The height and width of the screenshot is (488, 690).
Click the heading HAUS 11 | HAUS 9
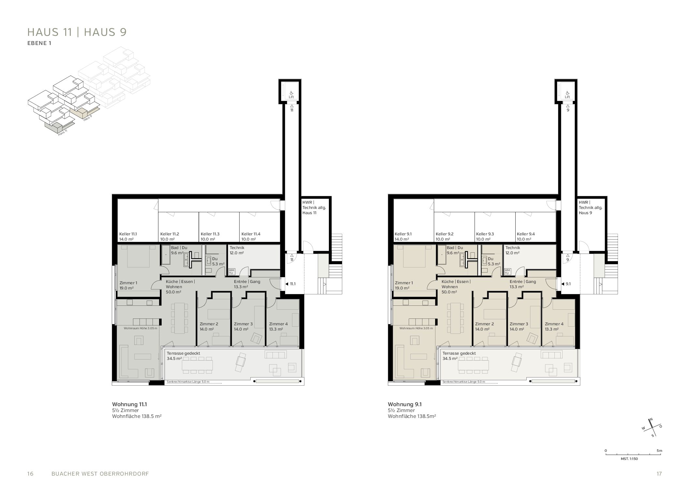point(77,32)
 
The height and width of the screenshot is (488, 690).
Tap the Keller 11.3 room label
point(210,236)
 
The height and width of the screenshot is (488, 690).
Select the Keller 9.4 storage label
point(526,236)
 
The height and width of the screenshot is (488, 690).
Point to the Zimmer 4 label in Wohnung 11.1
point(278,326)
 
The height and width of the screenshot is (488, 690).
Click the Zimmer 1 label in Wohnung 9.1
point(404,286)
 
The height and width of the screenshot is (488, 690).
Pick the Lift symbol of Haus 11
point(291,95)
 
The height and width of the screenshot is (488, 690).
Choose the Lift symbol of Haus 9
point(567,95)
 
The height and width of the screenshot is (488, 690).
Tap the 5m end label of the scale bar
point(659,451)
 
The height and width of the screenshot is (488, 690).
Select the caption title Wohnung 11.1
point(129,404)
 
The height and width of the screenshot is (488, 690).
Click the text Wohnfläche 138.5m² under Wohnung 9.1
point(412,416)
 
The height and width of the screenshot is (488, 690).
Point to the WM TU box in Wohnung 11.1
point(232,271)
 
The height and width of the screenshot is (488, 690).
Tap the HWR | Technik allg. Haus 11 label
point(314,208)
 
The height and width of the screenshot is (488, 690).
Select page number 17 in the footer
point(659,474)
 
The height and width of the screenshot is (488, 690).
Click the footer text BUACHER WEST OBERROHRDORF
point(100,474)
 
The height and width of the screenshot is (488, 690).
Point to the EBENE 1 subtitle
point(39,43)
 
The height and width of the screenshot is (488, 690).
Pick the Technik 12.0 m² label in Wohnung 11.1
point(237,250)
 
